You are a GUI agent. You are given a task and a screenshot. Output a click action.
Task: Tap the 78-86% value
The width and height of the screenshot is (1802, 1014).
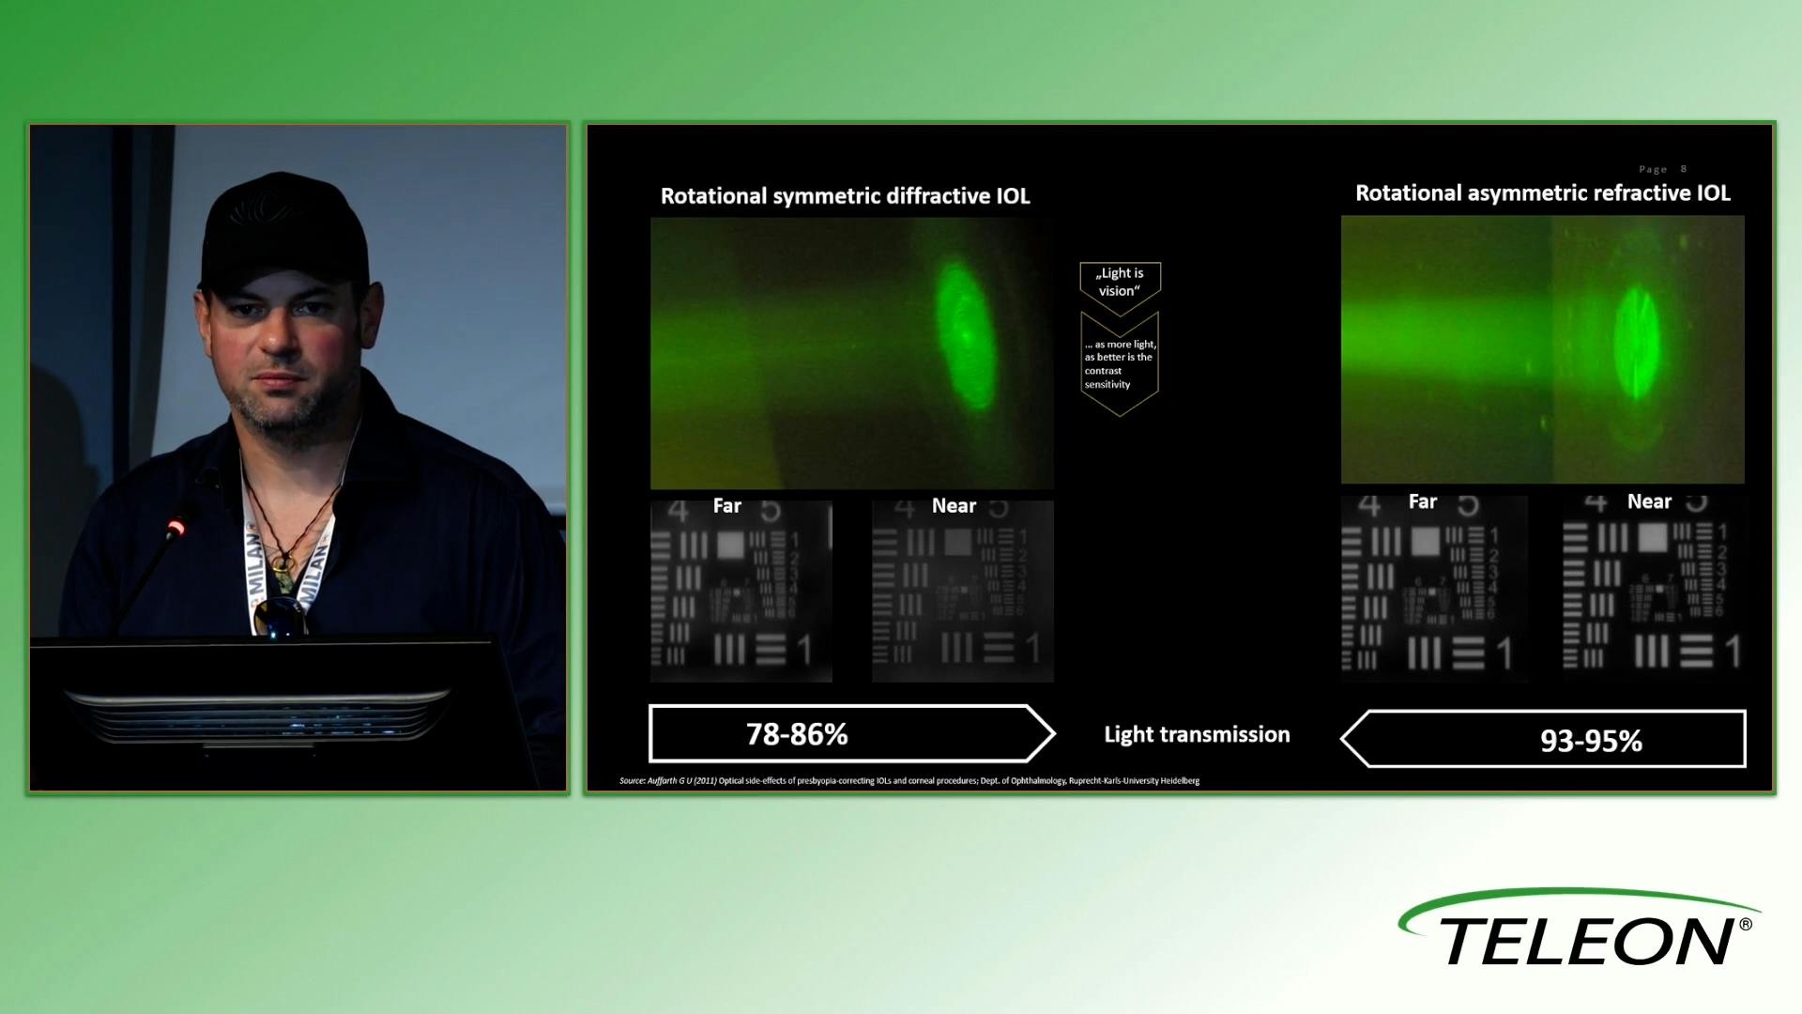[x=797, y=734]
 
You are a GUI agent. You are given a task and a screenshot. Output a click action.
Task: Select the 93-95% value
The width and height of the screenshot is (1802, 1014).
[x=1591, y=741]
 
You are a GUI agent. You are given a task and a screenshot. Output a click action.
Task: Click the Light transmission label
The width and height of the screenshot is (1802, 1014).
[x=1197, y=734]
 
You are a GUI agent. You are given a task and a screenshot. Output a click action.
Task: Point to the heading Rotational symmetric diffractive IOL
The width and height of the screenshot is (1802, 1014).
[x=845, y=196]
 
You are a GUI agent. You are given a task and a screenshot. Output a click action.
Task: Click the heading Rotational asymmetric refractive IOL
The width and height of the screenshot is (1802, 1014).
[x=1542, y=193]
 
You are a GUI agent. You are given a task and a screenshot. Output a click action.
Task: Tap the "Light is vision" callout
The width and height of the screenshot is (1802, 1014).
[x=1121, y=282]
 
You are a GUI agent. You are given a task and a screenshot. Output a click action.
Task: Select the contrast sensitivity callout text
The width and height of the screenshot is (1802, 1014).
[x=1120, y=364]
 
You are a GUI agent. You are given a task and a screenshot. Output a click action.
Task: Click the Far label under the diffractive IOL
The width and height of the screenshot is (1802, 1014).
[x=726, y=506]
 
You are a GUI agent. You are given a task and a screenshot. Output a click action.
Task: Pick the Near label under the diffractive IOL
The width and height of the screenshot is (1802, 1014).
[x=954, y=506]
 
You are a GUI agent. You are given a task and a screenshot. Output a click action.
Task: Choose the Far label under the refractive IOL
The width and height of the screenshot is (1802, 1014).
[x=1422, y=502]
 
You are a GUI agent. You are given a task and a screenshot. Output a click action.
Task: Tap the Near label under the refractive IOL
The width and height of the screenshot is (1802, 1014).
[x=1649, y=502]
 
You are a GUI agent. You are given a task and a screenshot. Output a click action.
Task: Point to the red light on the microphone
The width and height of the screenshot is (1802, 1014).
[x=175, y=530]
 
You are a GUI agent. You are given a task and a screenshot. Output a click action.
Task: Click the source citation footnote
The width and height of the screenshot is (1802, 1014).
[x=909, y=781]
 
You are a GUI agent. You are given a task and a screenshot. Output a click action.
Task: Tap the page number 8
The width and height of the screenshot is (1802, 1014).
[x=1684, y=169]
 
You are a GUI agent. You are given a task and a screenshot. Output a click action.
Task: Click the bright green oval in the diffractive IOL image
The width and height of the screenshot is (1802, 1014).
[x=959, y=333]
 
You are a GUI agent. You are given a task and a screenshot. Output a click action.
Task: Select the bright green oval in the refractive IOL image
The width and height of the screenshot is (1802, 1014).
[x=1636, y=343]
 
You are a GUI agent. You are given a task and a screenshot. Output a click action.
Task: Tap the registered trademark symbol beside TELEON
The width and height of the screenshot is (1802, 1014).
[x=1746, y=925]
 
